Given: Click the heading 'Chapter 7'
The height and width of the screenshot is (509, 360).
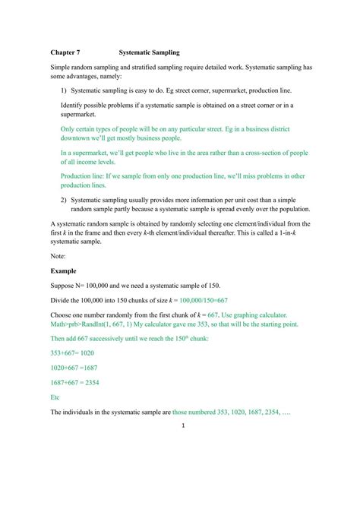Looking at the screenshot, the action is (66, 53).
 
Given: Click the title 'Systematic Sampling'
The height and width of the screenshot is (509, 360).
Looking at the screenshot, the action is (149, 53).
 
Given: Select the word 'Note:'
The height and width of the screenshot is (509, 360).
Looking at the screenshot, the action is (59, 255).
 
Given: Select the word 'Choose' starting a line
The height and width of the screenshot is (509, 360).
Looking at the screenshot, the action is (63, 314).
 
